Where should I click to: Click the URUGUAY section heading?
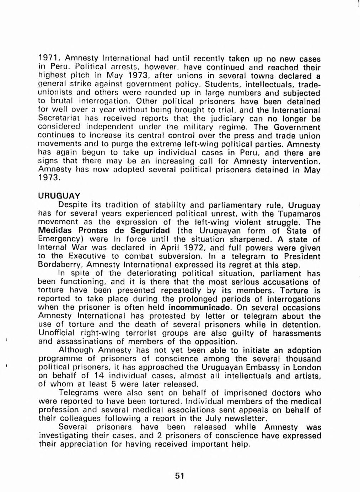[59, 196]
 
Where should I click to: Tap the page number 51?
[179, 476]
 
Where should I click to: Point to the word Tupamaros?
[299, 213]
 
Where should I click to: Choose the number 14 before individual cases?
[99, 376]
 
